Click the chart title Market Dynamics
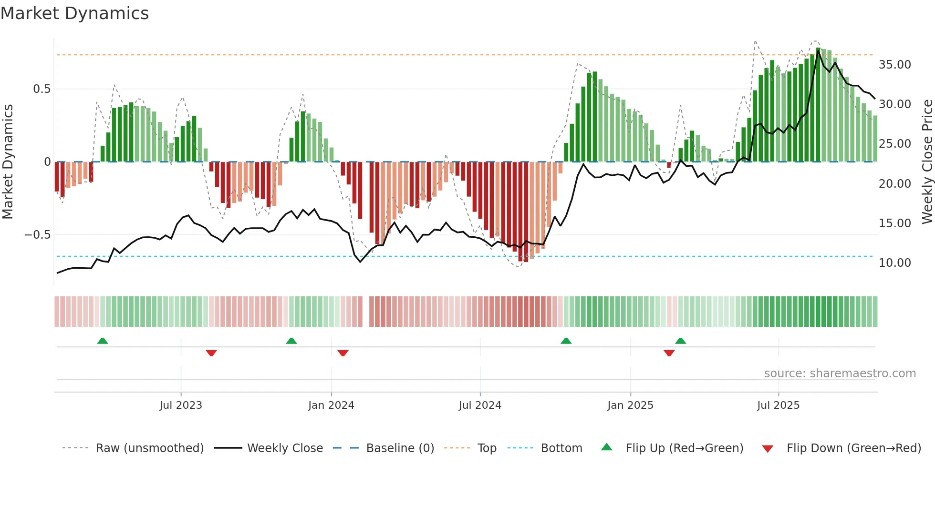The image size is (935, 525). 74,13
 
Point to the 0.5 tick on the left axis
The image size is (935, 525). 42,89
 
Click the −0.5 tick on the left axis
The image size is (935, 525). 37,235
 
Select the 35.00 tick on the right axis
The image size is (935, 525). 894,64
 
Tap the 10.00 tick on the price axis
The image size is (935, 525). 894,262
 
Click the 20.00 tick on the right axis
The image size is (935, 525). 894,183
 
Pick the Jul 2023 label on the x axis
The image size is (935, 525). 181,405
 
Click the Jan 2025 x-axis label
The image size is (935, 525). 630,405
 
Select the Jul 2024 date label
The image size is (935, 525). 480,405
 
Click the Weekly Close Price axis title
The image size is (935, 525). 927,162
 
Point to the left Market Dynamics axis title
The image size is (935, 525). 8,162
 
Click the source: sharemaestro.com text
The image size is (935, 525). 840,374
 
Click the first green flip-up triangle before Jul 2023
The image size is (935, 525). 103,341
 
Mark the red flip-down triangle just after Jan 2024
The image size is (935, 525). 343,353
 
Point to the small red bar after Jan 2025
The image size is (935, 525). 669,165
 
